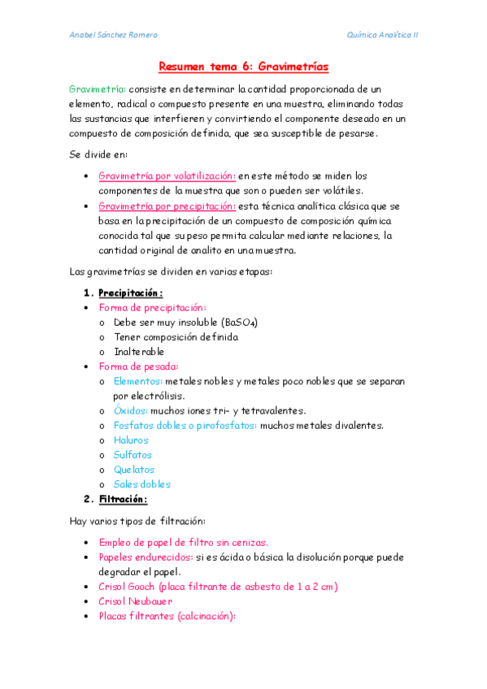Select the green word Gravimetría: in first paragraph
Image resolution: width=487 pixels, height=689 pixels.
click(97, 89)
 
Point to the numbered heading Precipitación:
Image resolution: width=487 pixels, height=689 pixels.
click(130, 292)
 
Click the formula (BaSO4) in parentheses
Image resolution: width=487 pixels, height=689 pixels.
click(239, 323)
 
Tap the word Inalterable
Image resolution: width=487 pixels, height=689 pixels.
click(139, 352)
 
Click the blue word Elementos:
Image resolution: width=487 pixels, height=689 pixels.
click(138, 381)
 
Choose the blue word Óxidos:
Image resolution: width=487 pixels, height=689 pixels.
click(132, 411)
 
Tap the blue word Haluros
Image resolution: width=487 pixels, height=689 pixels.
click(132, 440)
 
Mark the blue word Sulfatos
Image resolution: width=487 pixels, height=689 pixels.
click(133, 455)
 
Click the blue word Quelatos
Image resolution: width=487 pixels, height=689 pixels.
click(134, 470)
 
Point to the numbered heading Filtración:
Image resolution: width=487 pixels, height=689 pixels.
click(123, 499)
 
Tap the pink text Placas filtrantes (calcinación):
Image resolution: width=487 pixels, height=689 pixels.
click(166, 616)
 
